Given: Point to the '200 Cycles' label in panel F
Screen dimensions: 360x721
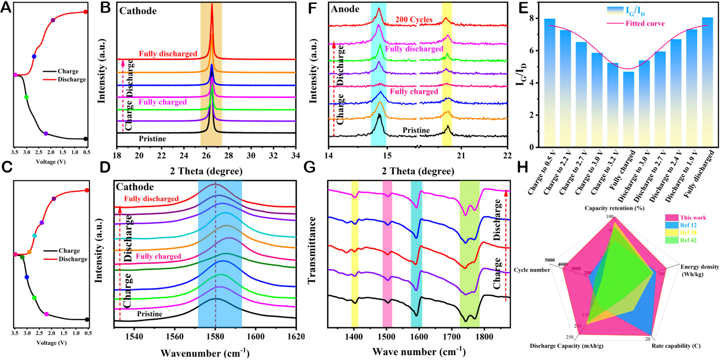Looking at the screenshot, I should coord(413,20).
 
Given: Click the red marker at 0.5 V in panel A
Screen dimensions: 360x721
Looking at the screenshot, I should coord(85,12).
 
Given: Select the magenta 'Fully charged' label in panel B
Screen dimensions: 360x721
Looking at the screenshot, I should coord(163,102).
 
